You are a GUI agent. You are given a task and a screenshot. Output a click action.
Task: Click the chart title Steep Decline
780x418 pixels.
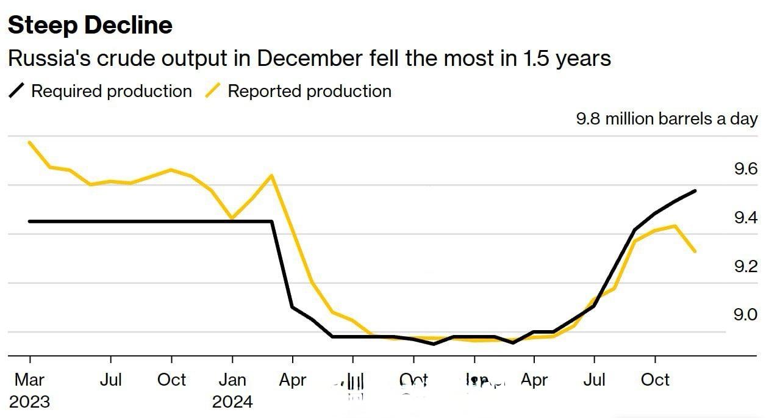(x=90, y=26)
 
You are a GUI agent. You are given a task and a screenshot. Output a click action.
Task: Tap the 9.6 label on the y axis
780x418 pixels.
(x=745, y=169)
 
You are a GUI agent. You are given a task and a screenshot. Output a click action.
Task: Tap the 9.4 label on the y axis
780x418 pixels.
(x=745, y=218)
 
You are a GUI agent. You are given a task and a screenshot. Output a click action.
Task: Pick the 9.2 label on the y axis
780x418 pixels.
(x=745, y=267)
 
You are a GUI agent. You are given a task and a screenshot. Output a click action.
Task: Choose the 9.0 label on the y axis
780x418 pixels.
(x=745, y=315)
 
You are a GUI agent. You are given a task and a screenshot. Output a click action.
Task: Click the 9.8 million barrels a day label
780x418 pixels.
(x=667, y=118)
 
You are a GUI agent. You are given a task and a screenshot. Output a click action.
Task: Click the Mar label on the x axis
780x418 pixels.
(x=29, y=380)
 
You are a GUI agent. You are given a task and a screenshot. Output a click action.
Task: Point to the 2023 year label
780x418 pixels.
(x=29, y=402)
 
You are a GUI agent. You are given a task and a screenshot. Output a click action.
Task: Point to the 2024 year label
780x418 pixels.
(x=232, y=402)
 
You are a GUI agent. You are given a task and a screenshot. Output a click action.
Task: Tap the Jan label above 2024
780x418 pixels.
(x=232, y=380)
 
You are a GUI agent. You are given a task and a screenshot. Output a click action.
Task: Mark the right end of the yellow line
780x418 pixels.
(x=695, y=251)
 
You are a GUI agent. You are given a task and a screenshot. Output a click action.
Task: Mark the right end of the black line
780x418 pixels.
(x=695, y=191)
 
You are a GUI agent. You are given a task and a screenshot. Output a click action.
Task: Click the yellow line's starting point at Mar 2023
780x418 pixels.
(x=29, y=142)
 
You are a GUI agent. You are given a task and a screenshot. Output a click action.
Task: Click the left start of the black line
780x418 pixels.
(x=29, y=221)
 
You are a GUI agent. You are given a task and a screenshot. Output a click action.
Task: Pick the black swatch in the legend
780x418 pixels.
(x=17, y=92)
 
